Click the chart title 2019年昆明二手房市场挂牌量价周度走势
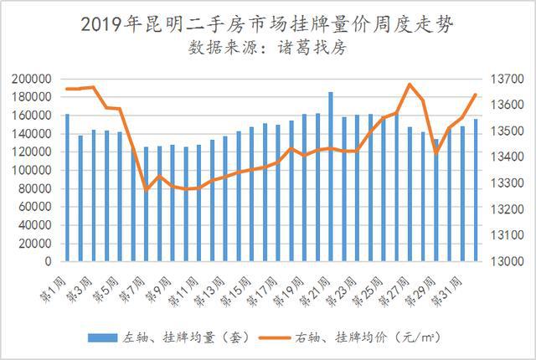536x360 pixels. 267,24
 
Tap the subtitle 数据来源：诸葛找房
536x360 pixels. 267,48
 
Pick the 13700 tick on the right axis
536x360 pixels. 506,79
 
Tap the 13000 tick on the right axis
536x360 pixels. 506,261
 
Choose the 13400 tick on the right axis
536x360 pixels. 506,157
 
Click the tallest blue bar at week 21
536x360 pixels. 331,176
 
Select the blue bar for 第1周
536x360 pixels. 68,188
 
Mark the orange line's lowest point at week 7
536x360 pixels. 147,190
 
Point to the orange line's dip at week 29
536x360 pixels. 435,152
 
